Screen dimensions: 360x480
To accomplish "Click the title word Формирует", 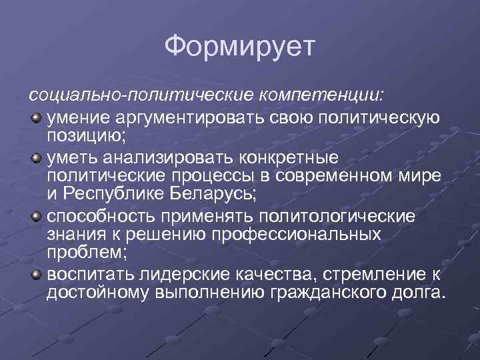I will pyautogui.click(x=240, y=47).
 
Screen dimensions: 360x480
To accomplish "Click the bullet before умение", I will pyautogui.click(x=35, y=118).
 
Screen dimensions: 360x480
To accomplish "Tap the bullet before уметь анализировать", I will pyautogui.click(x=35, y=158).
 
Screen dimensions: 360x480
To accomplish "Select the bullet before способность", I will pyautogui.click(x=35, y=216).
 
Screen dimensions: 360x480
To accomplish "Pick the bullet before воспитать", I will pyautogui.click(x=35, y=274).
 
